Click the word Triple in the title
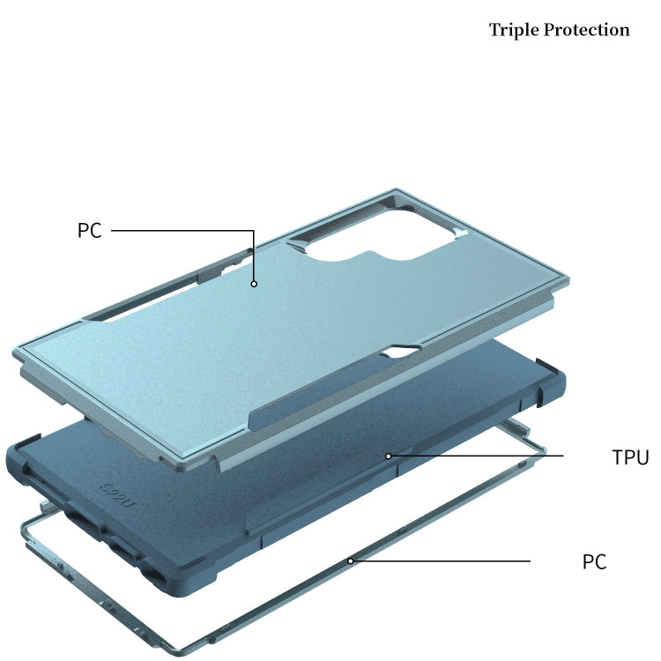point(514,30)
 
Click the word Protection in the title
point(587,30)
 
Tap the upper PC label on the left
point(89,231)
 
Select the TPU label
point(630,457)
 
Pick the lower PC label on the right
point(594,561)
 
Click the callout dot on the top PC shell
point(254,284)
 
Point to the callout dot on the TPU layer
point(389,457)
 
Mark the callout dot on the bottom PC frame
point(350,561)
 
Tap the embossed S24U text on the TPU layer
point(117,494)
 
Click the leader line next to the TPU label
point(477,456)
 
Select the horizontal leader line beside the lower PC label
point(442,561)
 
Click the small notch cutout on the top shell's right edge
point(404,351)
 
